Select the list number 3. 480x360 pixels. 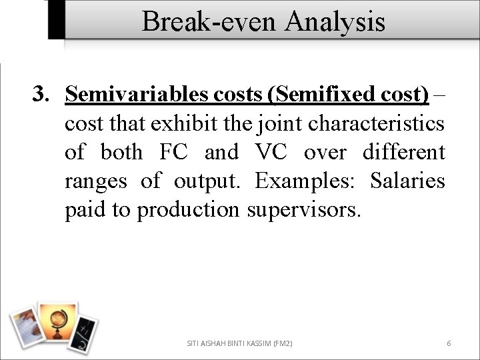41,95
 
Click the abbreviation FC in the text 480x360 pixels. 175,152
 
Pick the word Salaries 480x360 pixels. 407,181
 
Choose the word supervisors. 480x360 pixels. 303,209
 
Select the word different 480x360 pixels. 403,152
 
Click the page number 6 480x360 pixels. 449,343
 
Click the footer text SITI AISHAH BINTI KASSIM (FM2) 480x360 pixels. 239,343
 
